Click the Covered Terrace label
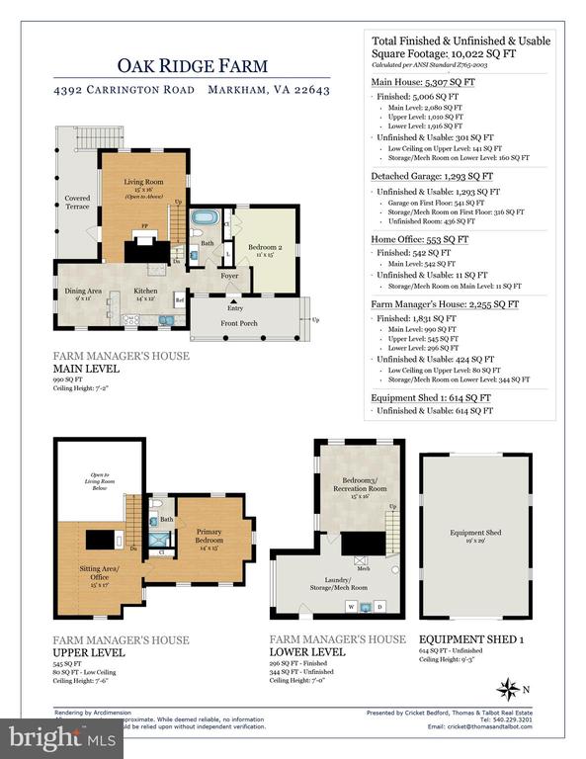point(77,202)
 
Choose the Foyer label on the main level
point(229,276)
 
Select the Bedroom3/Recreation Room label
point(352,484)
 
